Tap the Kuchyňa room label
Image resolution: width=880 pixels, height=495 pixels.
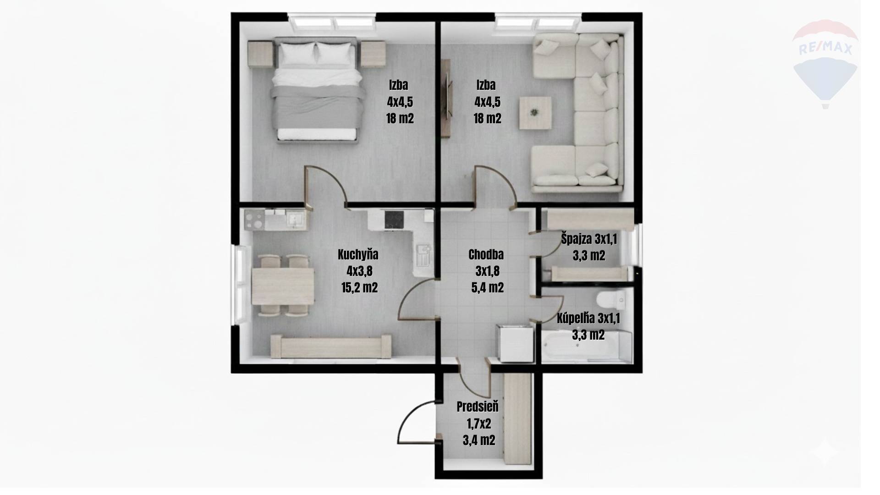click(358, 254)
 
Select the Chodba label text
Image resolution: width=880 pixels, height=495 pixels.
click(486, 254)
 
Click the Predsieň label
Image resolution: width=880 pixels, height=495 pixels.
click(478, 407)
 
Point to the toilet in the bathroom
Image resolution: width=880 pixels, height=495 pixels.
click(611, 300)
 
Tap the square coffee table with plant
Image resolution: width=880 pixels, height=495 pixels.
click(535, 112)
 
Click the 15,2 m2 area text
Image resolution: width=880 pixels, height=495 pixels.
click(359, 288)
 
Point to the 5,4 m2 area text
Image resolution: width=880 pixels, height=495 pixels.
click(487, 288)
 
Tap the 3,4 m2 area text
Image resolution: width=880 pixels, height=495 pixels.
click(478, 440)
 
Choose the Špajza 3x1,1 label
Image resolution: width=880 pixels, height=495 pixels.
click(589, 239)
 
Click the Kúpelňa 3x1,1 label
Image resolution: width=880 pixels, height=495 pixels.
click(588, 318)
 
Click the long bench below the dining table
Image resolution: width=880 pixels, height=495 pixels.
click(331, 346)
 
